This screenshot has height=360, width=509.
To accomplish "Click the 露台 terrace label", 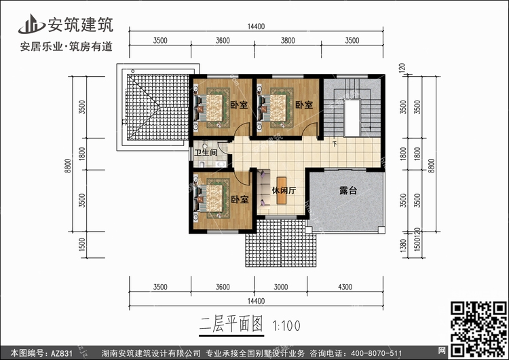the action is [348, 190].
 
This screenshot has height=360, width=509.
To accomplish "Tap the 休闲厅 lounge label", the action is [284, 190].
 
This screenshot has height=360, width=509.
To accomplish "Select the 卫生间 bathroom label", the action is [206, 152].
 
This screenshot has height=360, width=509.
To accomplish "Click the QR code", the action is [478, 329].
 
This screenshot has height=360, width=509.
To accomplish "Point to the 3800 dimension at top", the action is [288, 40].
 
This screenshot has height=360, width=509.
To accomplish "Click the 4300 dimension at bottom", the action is [345, 287].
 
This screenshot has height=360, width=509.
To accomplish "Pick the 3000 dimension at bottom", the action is [280, 287].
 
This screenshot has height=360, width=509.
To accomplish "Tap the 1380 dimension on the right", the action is [403, 246].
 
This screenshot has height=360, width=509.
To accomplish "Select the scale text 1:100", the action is [286, 325].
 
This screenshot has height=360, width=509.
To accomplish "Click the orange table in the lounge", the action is [282, 190].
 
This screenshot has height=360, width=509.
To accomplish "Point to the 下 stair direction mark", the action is [335, 144].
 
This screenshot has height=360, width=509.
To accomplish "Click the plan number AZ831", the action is [61, 353].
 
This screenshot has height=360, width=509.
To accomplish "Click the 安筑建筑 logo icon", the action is [31, 24].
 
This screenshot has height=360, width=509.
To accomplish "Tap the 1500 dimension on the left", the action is [82, 245].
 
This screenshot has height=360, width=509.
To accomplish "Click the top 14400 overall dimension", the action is [256, 26].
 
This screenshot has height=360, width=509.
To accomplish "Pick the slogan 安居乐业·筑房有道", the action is [67, 47].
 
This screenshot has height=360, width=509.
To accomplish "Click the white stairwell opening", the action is [352, 118].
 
